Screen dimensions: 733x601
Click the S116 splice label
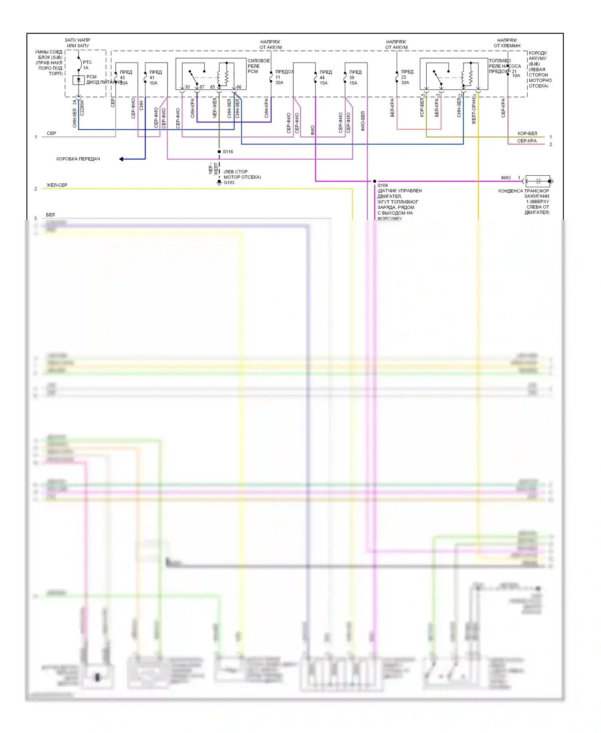(x=228, y=152)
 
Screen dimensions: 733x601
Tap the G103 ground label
(x=229, y=182)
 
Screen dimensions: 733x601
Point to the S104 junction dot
(x=375, y=181)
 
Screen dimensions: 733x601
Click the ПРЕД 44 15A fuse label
(x=325, y=77)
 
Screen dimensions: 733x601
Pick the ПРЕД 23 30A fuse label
(x=406, y=77)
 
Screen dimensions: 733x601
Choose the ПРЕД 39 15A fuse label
(x=355, y=77)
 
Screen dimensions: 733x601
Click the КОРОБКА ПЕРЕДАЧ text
(x=78, y=159)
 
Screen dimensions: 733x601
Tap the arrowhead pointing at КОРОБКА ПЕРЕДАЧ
(x=121, y=159)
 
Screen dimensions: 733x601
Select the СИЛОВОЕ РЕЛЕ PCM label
(x=258, y=66)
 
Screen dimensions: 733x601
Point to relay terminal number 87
(x=202, y=87)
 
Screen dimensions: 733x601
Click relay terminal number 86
(x=239, y=87)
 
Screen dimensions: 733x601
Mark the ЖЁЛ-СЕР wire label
(x=57, y=185)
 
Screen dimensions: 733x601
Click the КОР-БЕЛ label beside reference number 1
(x=527, y=134)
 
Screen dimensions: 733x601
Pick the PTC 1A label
(x=87, y=65)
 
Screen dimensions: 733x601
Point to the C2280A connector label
(x=82, y=108)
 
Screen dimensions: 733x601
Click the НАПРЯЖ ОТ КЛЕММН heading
(x=507, y=43)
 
